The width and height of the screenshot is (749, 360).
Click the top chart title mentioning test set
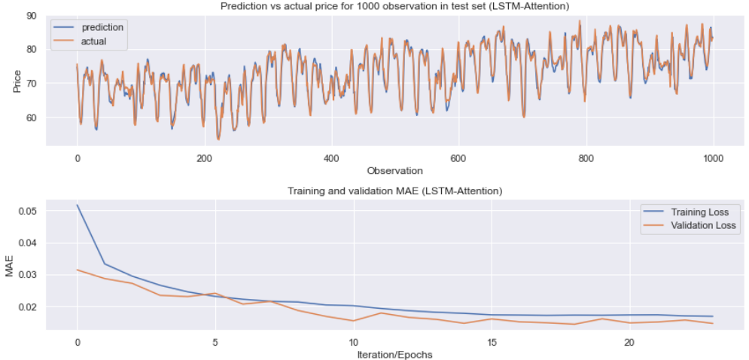coord(394,6)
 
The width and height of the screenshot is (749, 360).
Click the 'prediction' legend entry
coord(102,27)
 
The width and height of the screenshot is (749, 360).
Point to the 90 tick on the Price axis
coord(32,15)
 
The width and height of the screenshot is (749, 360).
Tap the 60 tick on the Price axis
coord(32,117)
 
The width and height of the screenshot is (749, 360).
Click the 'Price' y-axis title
coord(17,80)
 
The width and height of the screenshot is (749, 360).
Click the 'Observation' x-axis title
coord(394,171)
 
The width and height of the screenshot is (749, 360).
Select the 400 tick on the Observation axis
coord(331,158)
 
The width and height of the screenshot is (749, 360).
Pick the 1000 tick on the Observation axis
coord(713,158)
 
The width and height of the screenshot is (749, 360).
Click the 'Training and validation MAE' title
coord(394,191)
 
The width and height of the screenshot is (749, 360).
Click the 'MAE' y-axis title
coord(10,266)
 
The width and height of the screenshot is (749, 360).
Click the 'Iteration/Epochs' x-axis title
coord(394,354)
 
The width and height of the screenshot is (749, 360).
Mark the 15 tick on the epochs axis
coord(491,341)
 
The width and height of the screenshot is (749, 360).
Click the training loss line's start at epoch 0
coord(77,205)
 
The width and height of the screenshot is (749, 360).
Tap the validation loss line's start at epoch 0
coord(77,270)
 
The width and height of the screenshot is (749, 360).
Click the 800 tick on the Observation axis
coord(586,158)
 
